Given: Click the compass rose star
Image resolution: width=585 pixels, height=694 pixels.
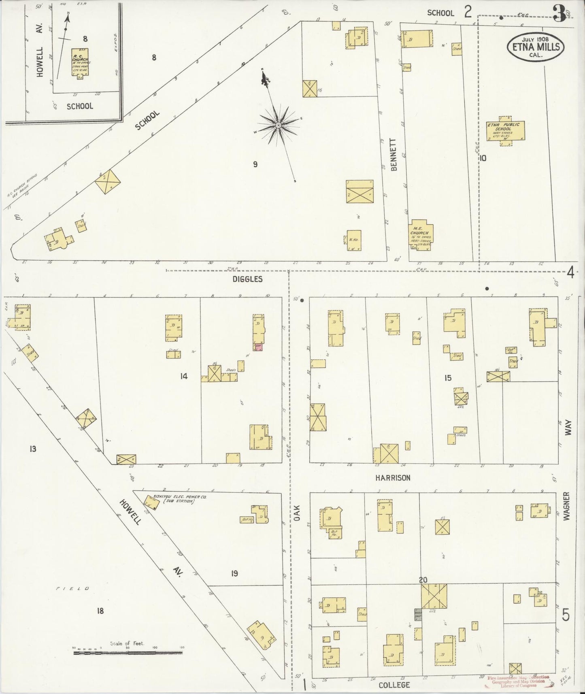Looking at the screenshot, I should (x=278, y=126).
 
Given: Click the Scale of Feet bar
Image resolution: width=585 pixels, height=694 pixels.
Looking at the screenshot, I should (x=128, y=652).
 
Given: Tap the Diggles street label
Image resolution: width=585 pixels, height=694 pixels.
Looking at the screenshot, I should (x=247, y=279).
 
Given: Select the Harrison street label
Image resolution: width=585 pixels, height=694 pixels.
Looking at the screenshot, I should (x=392, y=478).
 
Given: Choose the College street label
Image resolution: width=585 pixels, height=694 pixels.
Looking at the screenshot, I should (x=394, y=685).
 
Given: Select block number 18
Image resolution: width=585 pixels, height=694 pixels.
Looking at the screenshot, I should (x=100, y=611).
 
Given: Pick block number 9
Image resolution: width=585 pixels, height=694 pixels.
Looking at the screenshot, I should (x=255, y=164).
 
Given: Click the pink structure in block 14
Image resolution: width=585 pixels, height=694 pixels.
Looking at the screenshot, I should (x=258, y=347).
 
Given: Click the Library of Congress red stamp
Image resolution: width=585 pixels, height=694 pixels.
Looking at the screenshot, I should (x=518, y=681).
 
